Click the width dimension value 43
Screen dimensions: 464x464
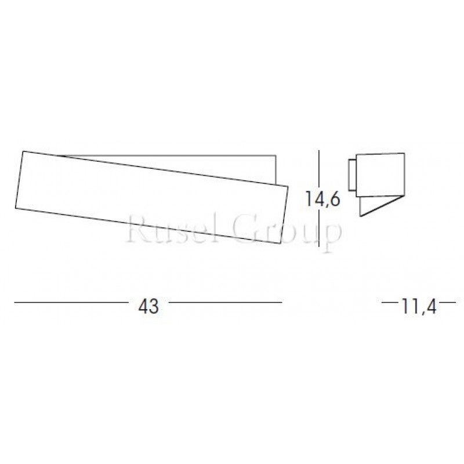(x=148, y=307)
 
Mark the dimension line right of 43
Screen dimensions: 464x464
(x=225, y=302)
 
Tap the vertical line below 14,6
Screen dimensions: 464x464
(x=320, y=232)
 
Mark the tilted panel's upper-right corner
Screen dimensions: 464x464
(x=288, y=186)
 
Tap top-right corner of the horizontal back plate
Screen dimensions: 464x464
(x=274, y=155)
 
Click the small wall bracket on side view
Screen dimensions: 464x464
(x=351, y=175)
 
